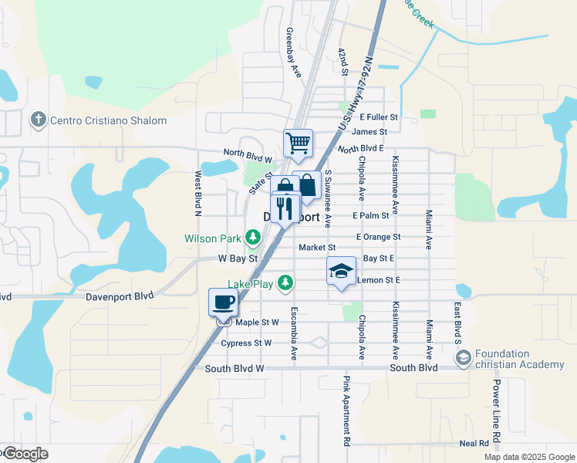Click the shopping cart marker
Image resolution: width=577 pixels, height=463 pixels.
point(298,143)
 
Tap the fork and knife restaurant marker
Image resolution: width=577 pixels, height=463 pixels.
point(285,208)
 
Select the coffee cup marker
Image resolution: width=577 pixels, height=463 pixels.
point(223,301)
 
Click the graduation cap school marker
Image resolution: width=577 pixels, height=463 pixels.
point(341,271)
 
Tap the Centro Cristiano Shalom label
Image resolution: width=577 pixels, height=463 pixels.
point(108,120)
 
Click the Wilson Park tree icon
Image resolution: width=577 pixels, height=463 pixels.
point(252,236)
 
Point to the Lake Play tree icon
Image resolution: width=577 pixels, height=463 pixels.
point(285,283)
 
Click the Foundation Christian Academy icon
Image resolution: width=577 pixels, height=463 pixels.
point(463,357)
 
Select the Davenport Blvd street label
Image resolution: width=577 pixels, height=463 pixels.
point(123,295)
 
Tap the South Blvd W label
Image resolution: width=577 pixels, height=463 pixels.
point(235,369)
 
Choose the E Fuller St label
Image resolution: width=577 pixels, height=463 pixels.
point(377,117)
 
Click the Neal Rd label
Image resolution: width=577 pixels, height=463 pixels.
point(474,443)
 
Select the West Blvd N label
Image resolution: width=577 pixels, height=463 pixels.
point(198,193)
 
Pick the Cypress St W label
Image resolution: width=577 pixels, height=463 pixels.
point(246,343)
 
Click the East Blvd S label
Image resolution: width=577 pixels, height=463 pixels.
point(457,323)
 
